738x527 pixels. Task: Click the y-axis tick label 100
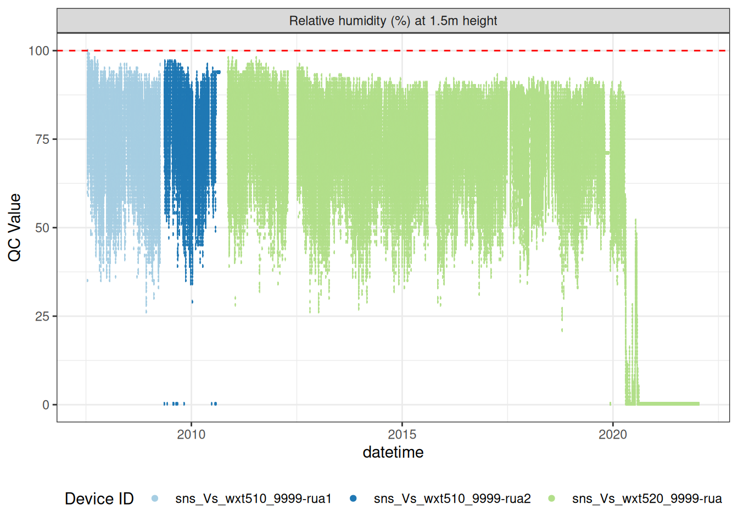click(x=38, y=51)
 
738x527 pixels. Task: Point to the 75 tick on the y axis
click(x=42, y=139)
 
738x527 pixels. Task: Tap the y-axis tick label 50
click(x=42, y=228)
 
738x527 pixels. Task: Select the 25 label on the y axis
click(x=42, y=317)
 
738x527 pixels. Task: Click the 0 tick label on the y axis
click(x=46, y=405)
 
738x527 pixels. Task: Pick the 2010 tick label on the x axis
click(x=191, y=435)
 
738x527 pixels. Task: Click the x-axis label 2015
click(x=402, y=435)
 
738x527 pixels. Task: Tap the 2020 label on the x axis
click(x=613, y=435)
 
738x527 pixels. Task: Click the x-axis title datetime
click(x=393, y=452)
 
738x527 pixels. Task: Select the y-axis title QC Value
click(x=15, y=227)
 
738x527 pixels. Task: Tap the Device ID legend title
click(x=99, y=498)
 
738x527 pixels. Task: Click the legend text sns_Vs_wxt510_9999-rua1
click(x=254, y=498)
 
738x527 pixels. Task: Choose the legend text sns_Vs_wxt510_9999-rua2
click(x=452, y=498)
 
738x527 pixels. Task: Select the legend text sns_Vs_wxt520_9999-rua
click(x=647, y=498)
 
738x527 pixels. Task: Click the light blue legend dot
click(x=155, y=498)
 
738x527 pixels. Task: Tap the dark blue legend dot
click(x=353, y=498)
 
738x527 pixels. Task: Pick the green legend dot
click(x=551, y=498)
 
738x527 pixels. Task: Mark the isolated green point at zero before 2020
click(x=610, y=403)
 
